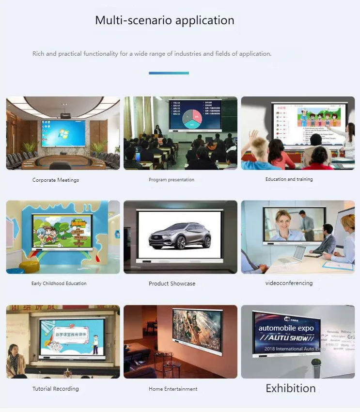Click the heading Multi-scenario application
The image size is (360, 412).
point(165,20)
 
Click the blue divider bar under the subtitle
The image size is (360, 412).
point(169,73)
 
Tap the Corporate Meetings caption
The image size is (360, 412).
point(56,180)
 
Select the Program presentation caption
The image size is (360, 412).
point(172,180)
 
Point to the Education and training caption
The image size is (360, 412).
point(289,179)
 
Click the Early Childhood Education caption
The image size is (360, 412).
point(59,284)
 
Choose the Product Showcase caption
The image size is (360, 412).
point(172,284)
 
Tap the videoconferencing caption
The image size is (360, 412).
point(289,283)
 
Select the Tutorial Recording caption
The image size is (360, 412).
point(56,389)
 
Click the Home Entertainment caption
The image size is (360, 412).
point(173,389)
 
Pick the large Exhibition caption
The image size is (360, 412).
point(291,388)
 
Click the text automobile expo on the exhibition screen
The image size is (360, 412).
point(286,328)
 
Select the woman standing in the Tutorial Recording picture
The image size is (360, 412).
point(14,359)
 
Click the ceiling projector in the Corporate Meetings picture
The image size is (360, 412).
point(65,115)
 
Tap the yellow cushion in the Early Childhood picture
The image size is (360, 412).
point(29,266)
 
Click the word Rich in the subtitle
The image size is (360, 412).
point(38,54)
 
